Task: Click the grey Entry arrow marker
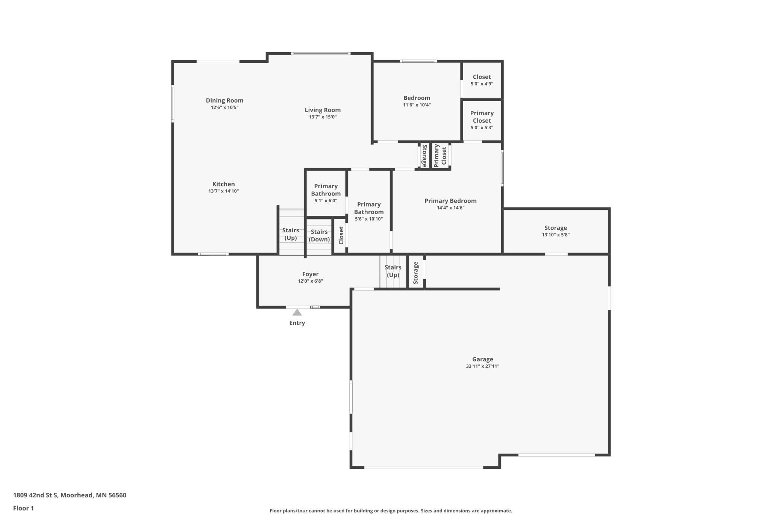297,312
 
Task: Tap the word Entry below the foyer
297,323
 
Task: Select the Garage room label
482,359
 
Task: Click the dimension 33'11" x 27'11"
482,367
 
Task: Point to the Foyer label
310,274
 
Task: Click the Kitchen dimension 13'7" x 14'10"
224,191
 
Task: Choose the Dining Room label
224,100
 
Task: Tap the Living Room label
323,110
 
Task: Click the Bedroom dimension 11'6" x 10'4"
417,105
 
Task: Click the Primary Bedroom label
450,201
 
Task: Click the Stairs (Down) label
319,236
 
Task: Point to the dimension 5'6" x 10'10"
368,219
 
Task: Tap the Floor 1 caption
23,509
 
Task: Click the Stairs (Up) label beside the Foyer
393,271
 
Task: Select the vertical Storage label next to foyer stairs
416,273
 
